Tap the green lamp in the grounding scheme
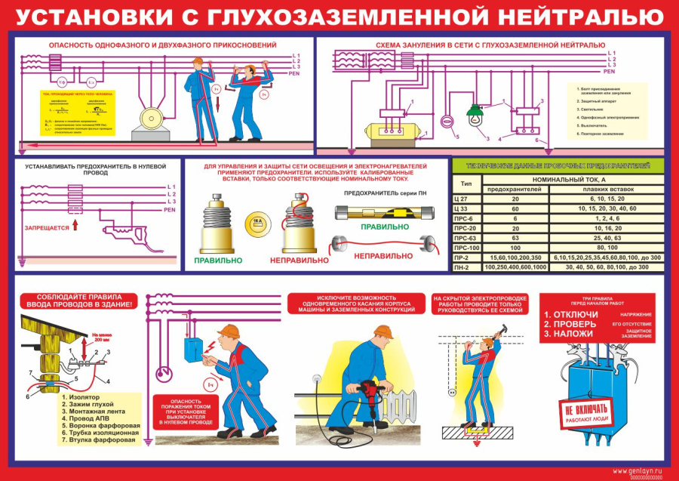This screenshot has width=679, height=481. point(474,115)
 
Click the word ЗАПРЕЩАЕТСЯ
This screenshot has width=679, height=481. point(47,227)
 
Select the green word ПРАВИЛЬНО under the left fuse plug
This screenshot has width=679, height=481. point(218,260)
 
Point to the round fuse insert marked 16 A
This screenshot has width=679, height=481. point(255,221)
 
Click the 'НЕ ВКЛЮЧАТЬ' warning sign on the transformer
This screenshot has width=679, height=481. point(585,412)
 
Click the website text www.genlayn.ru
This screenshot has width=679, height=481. point(638,470)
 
